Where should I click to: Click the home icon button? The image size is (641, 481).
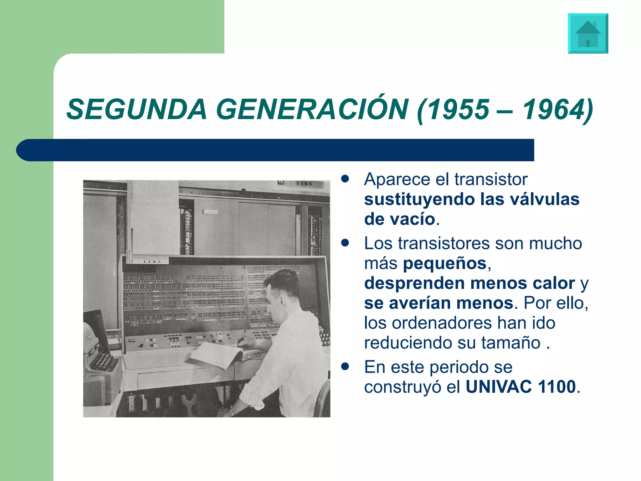[x=588, y=34]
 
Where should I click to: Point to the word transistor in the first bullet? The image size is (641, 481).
[x=491, y=179]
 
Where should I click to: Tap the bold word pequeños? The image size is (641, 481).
[x=444, y=264]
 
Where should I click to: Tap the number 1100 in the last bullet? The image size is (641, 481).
[x=557, y=387]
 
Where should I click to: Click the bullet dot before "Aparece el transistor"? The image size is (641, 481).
[x=345, y=179]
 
